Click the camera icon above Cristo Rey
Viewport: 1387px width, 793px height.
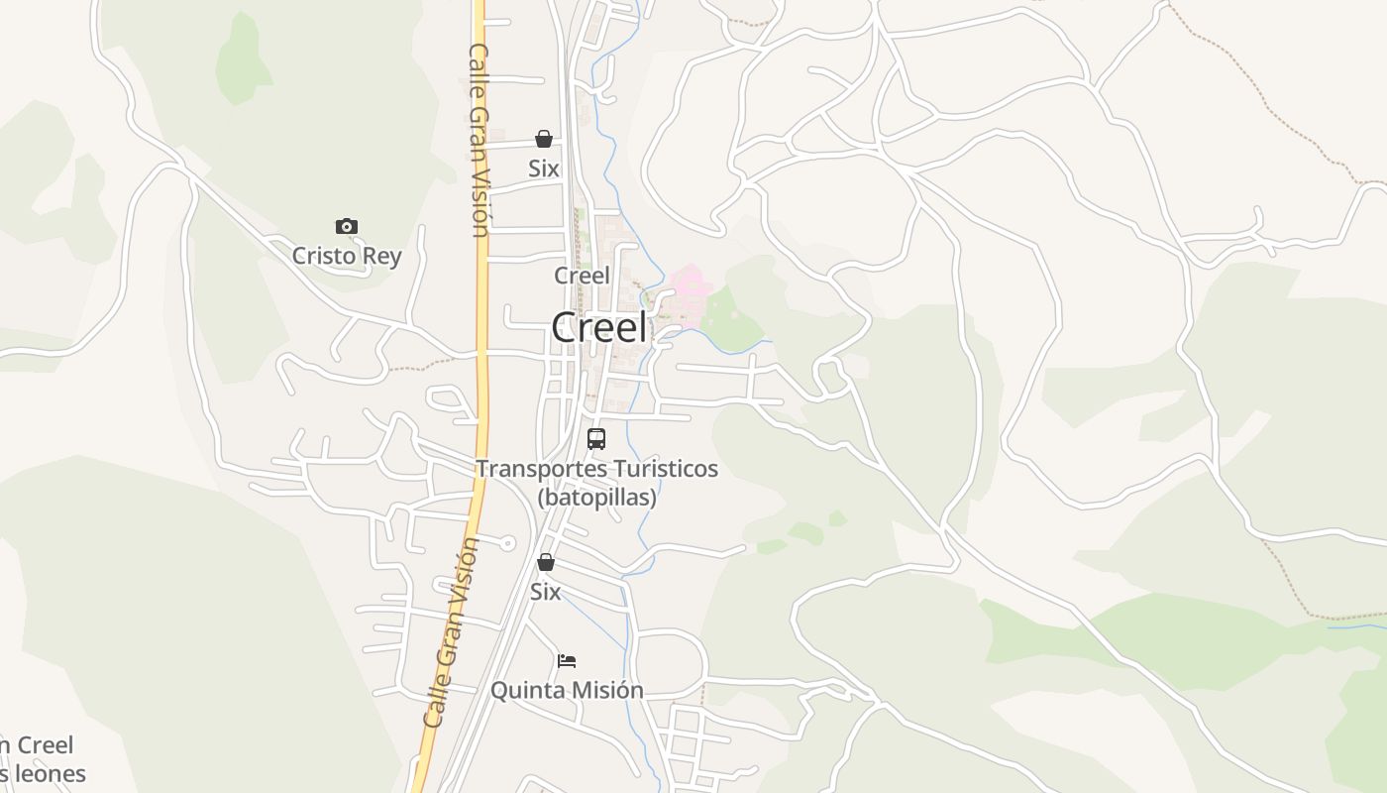click(x=346, y=227)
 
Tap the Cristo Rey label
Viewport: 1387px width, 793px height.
click(x=347, y=256)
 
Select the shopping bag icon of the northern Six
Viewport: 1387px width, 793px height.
click(x=543, y=139)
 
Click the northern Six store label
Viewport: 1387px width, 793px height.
click(x=543, y=169)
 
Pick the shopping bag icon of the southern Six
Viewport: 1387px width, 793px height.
click(x=545, y=562)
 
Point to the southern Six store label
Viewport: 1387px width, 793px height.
click(x=545, y=592)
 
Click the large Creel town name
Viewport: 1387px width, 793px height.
click(x=599, y=328)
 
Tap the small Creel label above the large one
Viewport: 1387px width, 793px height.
click(x=582, y=276)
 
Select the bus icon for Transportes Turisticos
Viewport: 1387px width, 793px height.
click(x=596, y=439)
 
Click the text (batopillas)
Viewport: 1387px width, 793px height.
click(x=596, y=498)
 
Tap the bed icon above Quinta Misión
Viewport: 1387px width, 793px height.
click(x=567, y=660)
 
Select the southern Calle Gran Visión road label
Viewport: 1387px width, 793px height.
click(x=450, y=634)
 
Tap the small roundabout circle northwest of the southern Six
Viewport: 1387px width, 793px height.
click(x=507, y=542)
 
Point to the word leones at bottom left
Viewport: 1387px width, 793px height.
click(x=46, y=773)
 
